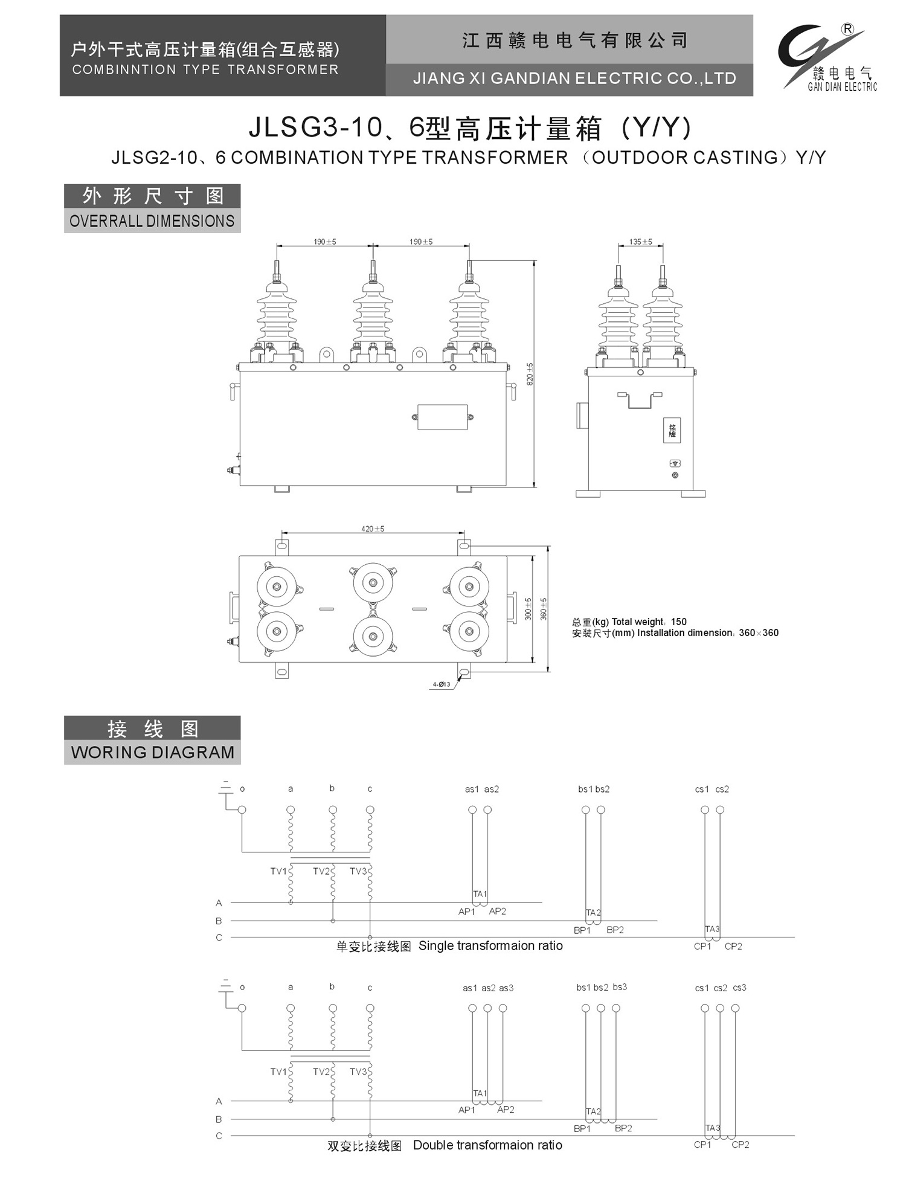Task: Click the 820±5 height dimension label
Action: coord(530,374)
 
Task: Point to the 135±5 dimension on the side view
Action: coord(640,242)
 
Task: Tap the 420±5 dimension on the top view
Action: coord(373,529)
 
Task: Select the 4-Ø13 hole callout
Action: coord(441,684)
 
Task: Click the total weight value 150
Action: coord(679,622)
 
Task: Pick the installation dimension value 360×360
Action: coord(759,632)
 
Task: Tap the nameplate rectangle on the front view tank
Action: coord(443,417)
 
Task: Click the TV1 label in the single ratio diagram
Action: coord(278,871)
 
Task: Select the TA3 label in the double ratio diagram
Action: coord(713,1128)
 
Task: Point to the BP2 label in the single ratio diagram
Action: coord(615,930)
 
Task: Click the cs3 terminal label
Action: coord(739,988)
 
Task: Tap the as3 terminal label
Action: coord(506,988)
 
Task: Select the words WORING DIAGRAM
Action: coord(152,753)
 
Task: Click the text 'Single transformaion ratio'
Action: coord(490,945)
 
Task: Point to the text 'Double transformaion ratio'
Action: coord(487,1145)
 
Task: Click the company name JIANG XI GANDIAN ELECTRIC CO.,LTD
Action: coord(574,79)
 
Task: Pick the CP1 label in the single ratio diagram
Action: coord(702,946)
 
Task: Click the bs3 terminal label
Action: coord(620,987)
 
